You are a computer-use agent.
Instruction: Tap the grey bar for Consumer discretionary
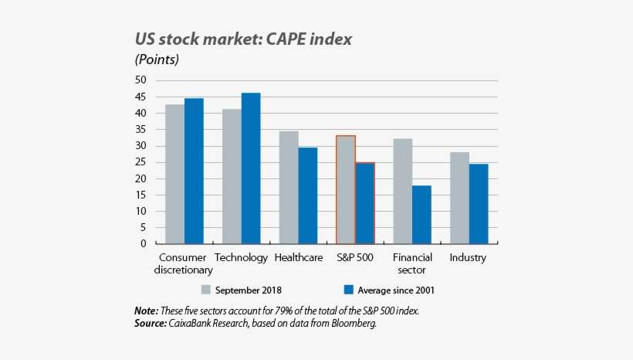[x=174, y=174]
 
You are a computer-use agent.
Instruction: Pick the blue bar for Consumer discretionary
[x=194, y=171]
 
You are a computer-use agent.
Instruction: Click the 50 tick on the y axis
[x=140, y=80]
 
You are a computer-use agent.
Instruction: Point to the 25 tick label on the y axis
[x=140, y=162]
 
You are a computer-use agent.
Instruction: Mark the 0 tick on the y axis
[x=143, y=244]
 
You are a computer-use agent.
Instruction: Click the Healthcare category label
[x=299, y=258]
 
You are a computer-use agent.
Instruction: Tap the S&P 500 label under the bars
[x=355, y=258]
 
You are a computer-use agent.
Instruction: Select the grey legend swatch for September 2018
[x=206, y=290]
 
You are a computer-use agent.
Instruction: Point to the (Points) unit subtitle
[x=157, y=59]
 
